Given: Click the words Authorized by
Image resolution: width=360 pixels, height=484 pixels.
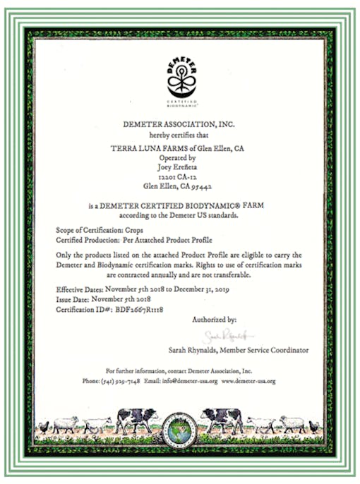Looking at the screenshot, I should click(214, 320).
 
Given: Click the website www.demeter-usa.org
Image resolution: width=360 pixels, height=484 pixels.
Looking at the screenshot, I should click(248, 381).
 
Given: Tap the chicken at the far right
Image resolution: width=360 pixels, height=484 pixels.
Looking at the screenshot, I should click(314, 425).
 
